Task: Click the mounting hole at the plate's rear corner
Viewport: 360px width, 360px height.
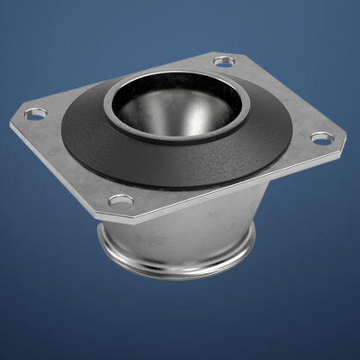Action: click(223, 62)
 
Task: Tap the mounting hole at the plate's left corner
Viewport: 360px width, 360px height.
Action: click(35, 113)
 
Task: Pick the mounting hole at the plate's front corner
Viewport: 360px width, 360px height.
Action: click(121, 201)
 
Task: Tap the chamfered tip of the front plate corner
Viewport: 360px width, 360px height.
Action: click(112, 212)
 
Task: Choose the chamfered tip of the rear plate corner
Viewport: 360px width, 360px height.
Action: click(226, 53)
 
